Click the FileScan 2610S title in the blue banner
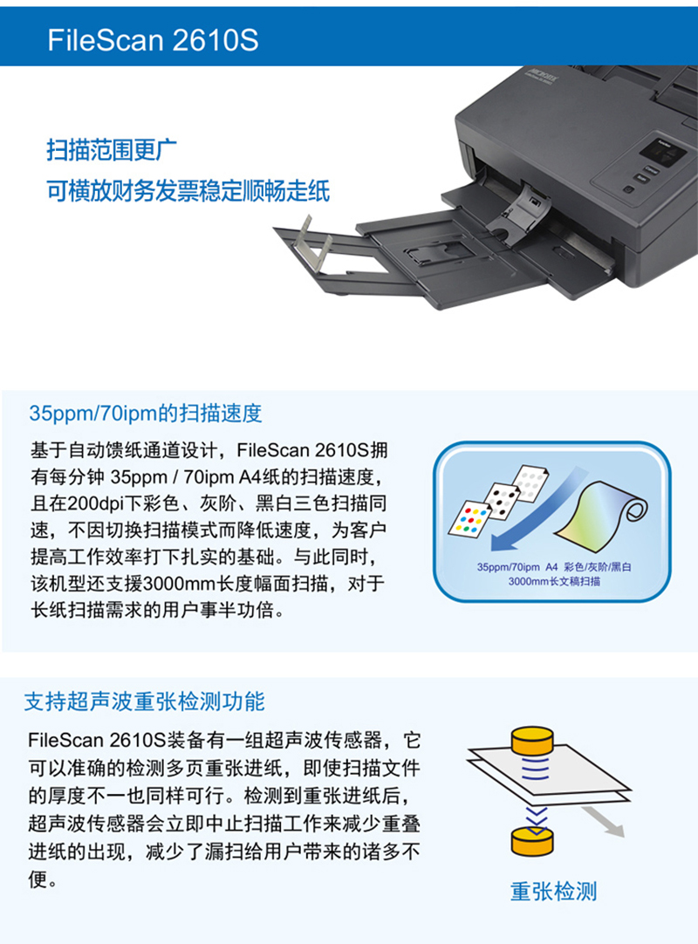[153, 40]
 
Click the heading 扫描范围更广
[112, 150]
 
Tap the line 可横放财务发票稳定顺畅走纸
[188, 191]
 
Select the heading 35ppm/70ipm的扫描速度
[146, 414]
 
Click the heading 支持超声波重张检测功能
[145, 701]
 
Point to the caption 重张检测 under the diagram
[553, 892]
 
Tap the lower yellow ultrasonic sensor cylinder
[531, 841]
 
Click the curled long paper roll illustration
[601, 514]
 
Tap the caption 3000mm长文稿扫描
[554, 581]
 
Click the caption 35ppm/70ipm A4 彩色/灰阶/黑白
[554, 566]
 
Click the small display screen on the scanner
[662, 151]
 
